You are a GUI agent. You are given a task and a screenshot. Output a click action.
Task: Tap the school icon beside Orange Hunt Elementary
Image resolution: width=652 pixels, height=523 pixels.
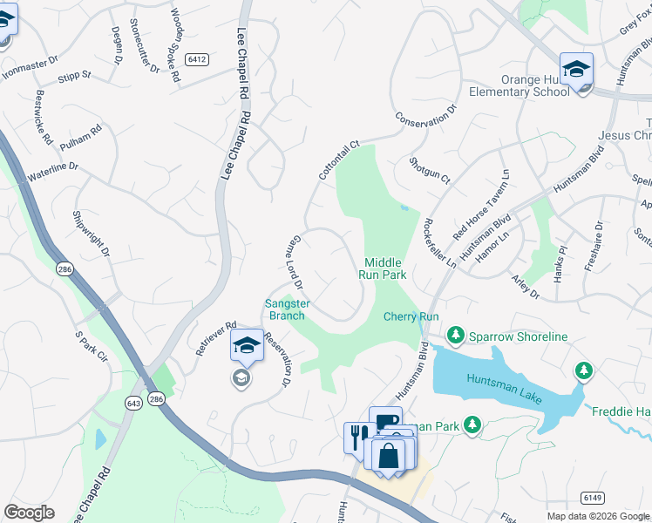[576, 69]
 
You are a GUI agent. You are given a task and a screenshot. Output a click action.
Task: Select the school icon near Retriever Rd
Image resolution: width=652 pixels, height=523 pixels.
[247, 345]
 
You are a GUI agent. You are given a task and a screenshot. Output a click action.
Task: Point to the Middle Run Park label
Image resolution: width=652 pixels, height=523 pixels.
[384, 268]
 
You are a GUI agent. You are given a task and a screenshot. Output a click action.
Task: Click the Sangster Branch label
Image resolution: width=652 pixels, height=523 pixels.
[285, 309]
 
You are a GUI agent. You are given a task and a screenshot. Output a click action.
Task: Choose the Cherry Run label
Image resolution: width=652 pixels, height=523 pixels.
[411, 316]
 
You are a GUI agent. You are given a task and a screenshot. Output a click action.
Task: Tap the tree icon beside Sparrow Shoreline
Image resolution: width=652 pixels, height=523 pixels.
[454, 335]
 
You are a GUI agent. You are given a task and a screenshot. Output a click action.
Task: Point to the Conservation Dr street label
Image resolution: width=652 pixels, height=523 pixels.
[425, 118]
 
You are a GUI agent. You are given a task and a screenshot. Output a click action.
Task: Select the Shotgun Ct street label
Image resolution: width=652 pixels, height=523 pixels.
[429, 170]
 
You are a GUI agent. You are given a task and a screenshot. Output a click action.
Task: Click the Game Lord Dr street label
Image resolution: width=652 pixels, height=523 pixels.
[292, 261]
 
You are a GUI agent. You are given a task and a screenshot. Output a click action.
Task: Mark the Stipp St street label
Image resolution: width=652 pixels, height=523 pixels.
[74, 76]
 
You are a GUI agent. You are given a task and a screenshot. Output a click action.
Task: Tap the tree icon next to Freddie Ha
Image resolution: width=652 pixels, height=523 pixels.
[583, 372]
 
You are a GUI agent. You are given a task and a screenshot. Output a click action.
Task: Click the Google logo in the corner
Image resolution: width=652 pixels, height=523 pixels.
[30, 513]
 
